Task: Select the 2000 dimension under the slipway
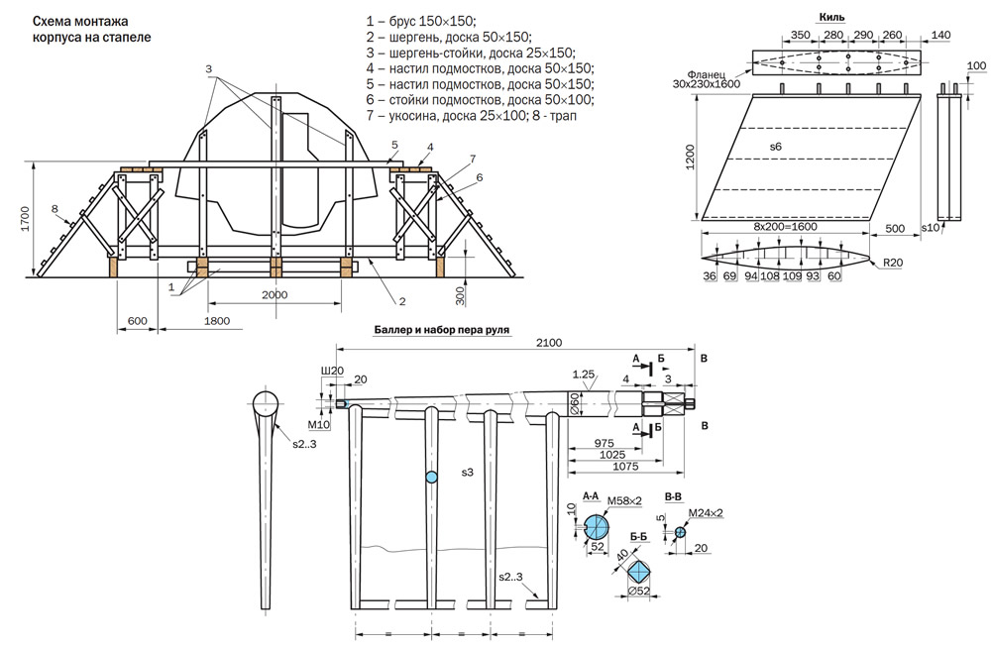275,296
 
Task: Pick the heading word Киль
830,17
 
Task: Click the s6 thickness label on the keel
776,146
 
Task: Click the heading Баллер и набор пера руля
441,330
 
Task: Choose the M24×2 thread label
705,513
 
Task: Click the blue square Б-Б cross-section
640,572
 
